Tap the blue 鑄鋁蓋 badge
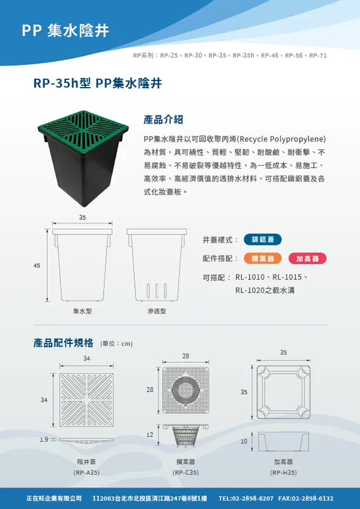point(263,239)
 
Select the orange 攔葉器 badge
point(263,258)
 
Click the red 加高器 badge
point(307,258)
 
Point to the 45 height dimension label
point(37,265)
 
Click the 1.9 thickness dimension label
point(44,439)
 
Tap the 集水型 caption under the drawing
point(82,311)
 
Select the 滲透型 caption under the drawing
point(157,311)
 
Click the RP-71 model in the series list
point(318,56)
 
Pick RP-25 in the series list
point(169,56)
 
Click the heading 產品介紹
point(163,120)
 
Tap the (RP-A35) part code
point(87,472)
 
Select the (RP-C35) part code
point(186,472)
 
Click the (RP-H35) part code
point(283,472)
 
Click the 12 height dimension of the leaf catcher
point(149,435)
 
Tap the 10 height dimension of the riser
point(244,441)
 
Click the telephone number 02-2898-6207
point(253,498)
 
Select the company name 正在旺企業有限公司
point(54,498)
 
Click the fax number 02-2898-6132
point(313,498)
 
